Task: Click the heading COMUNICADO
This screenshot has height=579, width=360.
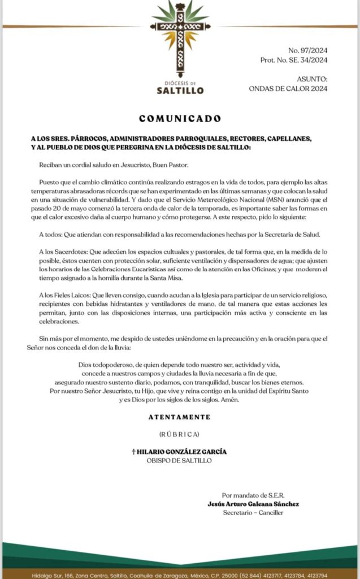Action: coord(180,119)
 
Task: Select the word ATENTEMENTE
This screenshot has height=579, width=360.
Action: coord(180,417)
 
